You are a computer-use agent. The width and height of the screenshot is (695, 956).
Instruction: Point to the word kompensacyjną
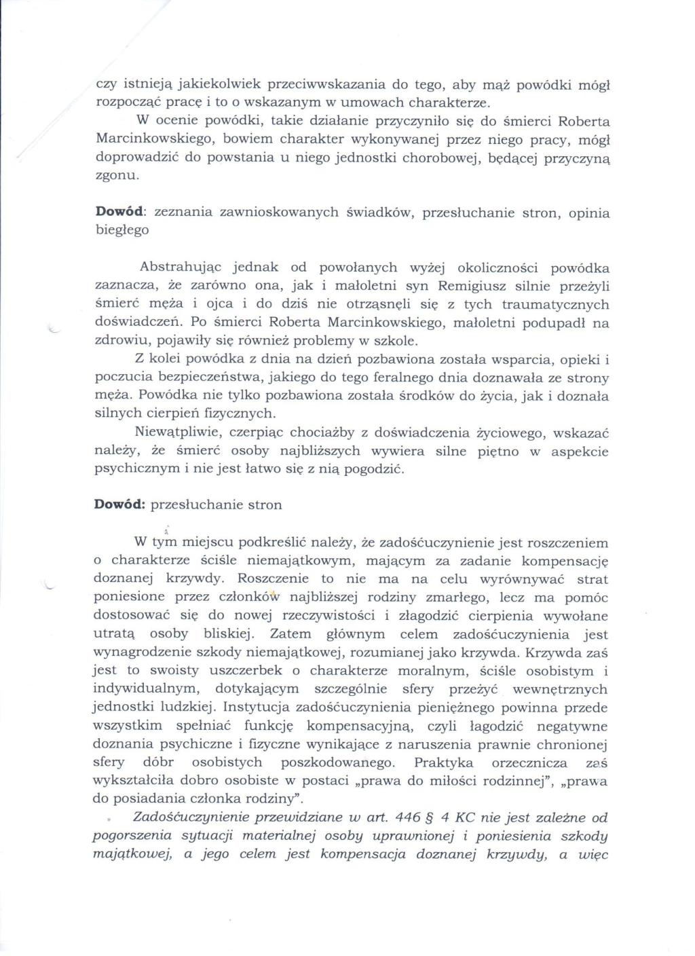356,726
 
